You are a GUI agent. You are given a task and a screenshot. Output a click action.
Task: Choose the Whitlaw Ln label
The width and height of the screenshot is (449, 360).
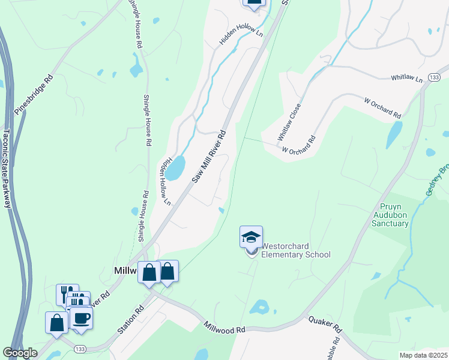coord(407,78)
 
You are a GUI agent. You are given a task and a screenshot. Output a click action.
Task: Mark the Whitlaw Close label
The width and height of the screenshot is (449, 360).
coord(288,122)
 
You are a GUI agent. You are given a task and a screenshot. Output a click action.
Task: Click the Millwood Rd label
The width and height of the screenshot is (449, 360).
coord(224,329)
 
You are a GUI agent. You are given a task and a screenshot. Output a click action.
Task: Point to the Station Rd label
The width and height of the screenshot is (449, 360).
coord(131,319)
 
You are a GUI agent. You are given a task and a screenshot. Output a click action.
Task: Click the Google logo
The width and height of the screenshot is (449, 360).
coord(20,353)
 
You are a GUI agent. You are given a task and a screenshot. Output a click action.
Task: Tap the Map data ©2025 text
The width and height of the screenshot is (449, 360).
coord(423,355)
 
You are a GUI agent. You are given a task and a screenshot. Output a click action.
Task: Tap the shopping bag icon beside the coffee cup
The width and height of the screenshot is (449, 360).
coord(56,322)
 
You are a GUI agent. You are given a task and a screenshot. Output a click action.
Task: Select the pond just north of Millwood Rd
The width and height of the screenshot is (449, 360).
coord(259,307)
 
